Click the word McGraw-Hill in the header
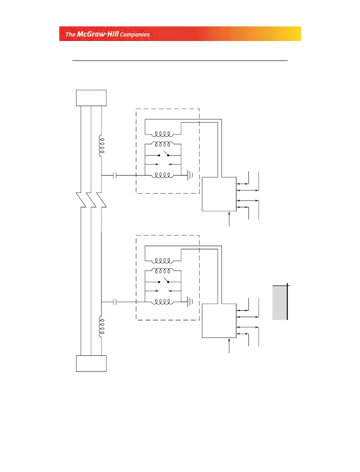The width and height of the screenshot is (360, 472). pyautogui.click(x=98, y=34)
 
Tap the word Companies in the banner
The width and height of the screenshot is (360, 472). pyautogui.click(x=135, y=35)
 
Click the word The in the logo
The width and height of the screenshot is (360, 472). pyautogui.click(x=71, y=34)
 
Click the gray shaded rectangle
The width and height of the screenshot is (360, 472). pyautogui.click(x=280, y=302)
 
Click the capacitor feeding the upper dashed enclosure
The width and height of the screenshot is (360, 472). pyautogui.click(x=115, y=175)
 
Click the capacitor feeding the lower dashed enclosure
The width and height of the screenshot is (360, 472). pyautogui.click(x=115, y=302)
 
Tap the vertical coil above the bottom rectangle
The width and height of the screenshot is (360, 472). pyautogui.click(x=101, y=327)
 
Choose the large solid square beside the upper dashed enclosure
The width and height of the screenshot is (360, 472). pyautogui.click(x=219, y=194)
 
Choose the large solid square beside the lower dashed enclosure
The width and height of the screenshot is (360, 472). pyautogui.click(x=219, y=321)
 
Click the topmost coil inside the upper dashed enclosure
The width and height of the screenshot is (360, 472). pyautogui.click(x=163, y=134)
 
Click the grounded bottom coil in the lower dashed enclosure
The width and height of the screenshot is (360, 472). pyautogui.click(x=163, y=302)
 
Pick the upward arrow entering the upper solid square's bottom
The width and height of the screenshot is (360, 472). pyautogui.click(x=230, y=218)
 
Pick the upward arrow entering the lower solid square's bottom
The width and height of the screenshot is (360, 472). pyautogui.click(x=230, y=345)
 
